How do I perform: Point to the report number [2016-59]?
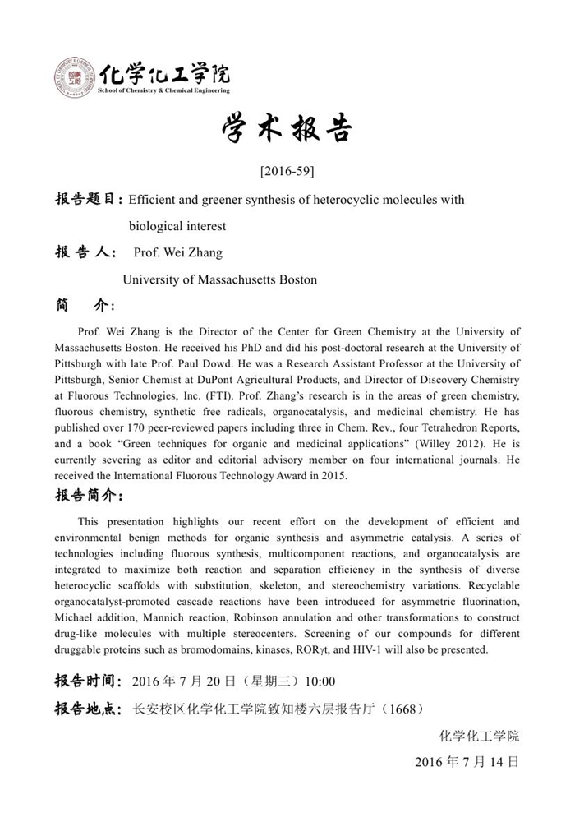point(287,172)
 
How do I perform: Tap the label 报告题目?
point(89,200)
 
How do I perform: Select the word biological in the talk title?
point(154,226)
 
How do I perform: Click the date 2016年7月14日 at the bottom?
point(467,762)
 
